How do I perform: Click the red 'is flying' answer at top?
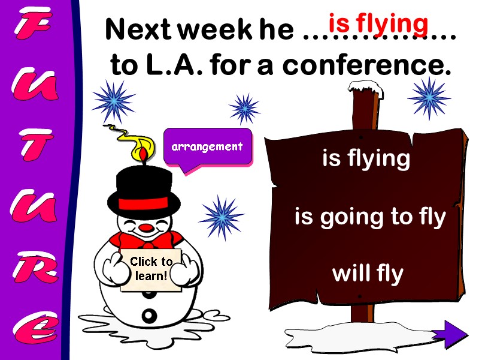point(378,24)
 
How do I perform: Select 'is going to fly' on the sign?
point(370,217)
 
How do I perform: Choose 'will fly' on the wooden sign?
point(368,274)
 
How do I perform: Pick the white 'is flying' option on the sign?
point(366,159)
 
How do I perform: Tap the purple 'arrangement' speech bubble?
point(207,147)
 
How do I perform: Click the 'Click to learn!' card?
point(151,269)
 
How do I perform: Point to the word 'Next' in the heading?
point(132,31)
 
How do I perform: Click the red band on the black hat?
point(144,203)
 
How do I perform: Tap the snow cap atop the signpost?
point(365,88)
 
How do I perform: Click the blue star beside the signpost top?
point(429,97)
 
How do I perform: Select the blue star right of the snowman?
point(221,217)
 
